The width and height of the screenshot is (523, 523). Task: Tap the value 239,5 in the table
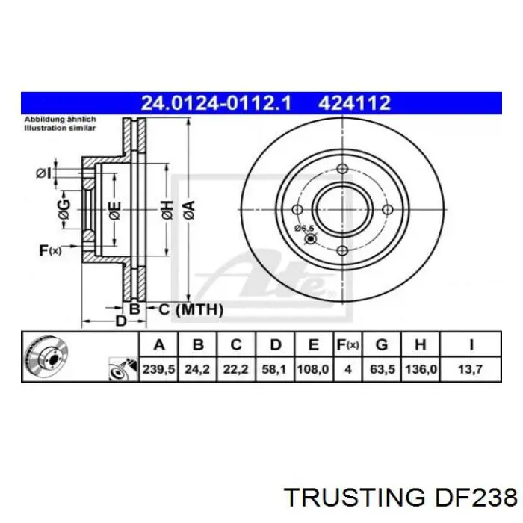(x=158, y=368)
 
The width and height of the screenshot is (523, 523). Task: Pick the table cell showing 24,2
(x=197, y=368)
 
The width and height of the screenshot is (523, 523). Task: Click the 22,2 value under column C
(x=235, y=368)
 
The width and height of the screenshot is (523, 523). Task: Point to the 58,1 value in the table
(x=274, y=368)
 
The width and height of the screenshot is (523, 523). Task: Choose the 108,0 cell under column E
(x=313, y=368)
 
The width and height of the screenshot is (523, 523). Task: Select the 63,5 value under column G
(x=382, y=368)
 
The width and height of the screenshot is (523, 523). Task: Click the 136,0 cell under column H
(x=421, y=368)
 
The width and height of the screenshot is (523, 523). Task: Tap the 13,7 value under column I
(x=470, y=368)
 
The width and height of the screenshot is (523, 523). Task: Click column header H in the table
(x=421, y=344)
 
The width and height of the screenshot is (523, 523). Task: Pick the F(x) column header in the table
(x=347, y=344)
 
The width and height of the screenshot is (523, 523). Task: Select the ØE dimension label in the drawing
(x=114, y=211)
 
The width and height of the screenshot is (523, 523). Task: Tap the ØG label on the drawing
(x=65, y=211)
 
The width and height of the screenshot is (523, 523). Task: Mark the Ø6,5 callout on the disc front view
(x=304, y=228)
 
